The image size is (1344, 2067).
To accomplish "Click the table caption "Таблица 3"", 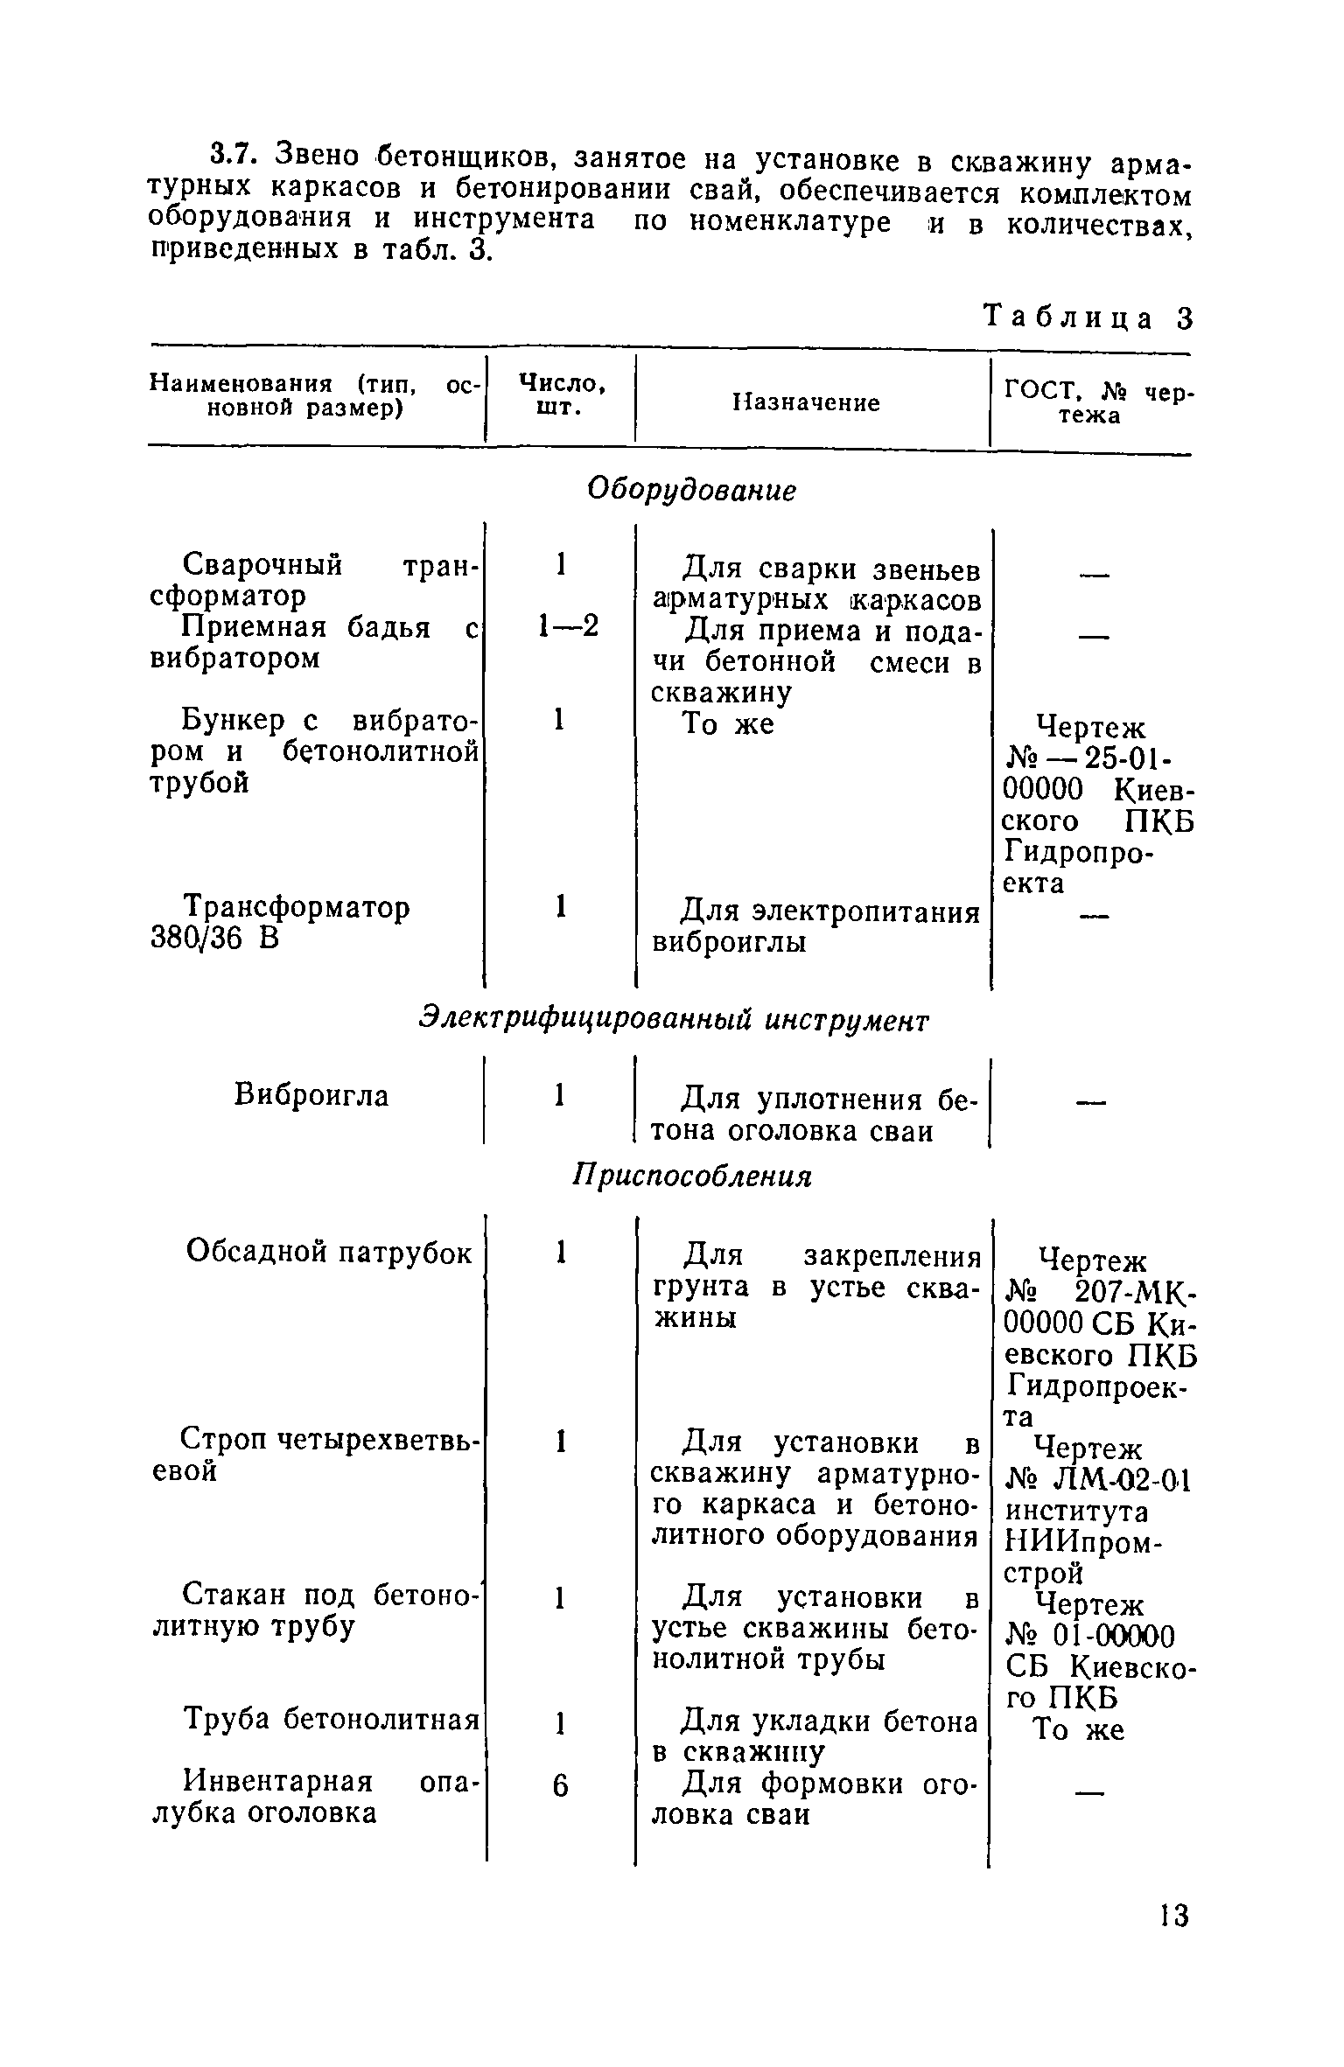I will [1089, 317].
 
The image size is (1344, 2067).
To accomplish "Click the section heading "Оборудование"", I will [691, 491].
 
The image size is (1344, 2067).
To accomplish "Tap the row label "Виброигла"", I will [311, 1095].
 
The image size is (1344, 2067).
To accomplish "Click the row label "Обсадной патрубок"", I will [329, 1253].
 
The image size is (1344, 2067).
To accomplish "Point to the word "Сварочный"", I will [261, 565].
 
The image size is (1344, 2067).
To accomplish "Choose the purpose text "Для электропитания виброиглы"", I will [815, 927].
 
